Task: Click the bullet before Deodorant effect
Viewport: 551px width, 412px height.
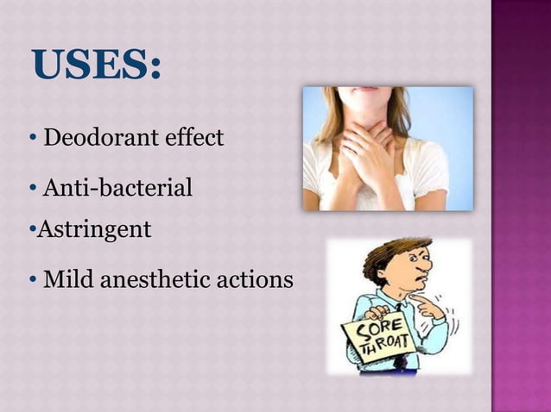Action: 32,137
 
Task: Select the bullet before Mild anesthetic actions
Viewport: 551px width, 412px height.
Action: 32,280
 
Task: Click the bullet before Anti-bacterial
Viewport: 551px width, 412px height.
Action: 32,186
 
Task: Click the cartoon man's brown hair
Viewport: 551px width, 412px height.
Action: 384,257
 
